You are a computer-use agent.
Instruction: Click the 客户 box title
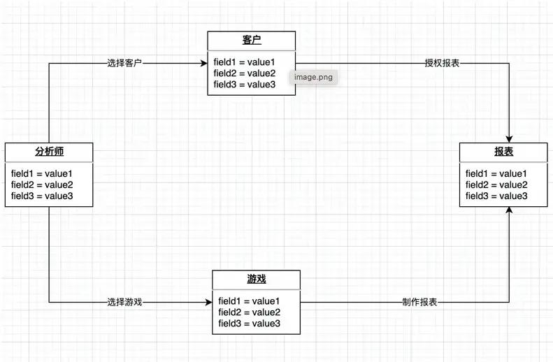click(251, 40)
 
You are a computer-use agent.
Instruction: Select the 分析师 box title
click(48, 152)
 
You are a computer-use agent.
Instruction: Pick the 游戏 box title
click(256, 280)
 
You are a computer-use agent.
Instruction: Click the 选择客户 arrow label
click(125, 63)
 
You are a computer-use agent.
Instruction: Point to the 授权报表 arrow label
click(442, 63)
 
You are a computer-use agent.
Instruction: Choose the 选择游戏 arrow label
click(125, 303)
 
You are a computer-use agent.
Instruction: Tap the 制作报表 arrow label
click(420, 303)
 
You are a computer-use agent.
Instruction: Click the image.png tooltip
click(313, 77)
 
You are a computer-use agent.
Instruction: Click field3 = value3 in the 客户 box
click(245, 85)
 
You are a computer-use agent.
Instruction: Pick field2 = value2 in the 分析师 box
click(42, 184)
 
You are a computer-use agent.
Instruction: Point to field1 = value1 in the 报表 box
click(496, 173)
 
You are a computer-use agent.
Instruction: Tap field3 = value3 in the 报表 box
click(496, 196)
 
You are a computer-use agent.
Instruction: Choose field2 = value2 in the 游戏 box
click(250, 312)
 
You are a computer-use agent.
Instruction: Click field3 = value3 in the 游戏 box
click(250, 324)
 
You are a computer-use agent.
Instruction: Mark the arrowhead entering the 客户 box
click(204, 63)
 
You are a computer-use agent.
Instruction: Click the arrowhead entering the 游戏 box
click(209, 303)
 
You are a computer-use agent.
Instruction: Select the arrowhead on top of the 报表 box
click(510, 138)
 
